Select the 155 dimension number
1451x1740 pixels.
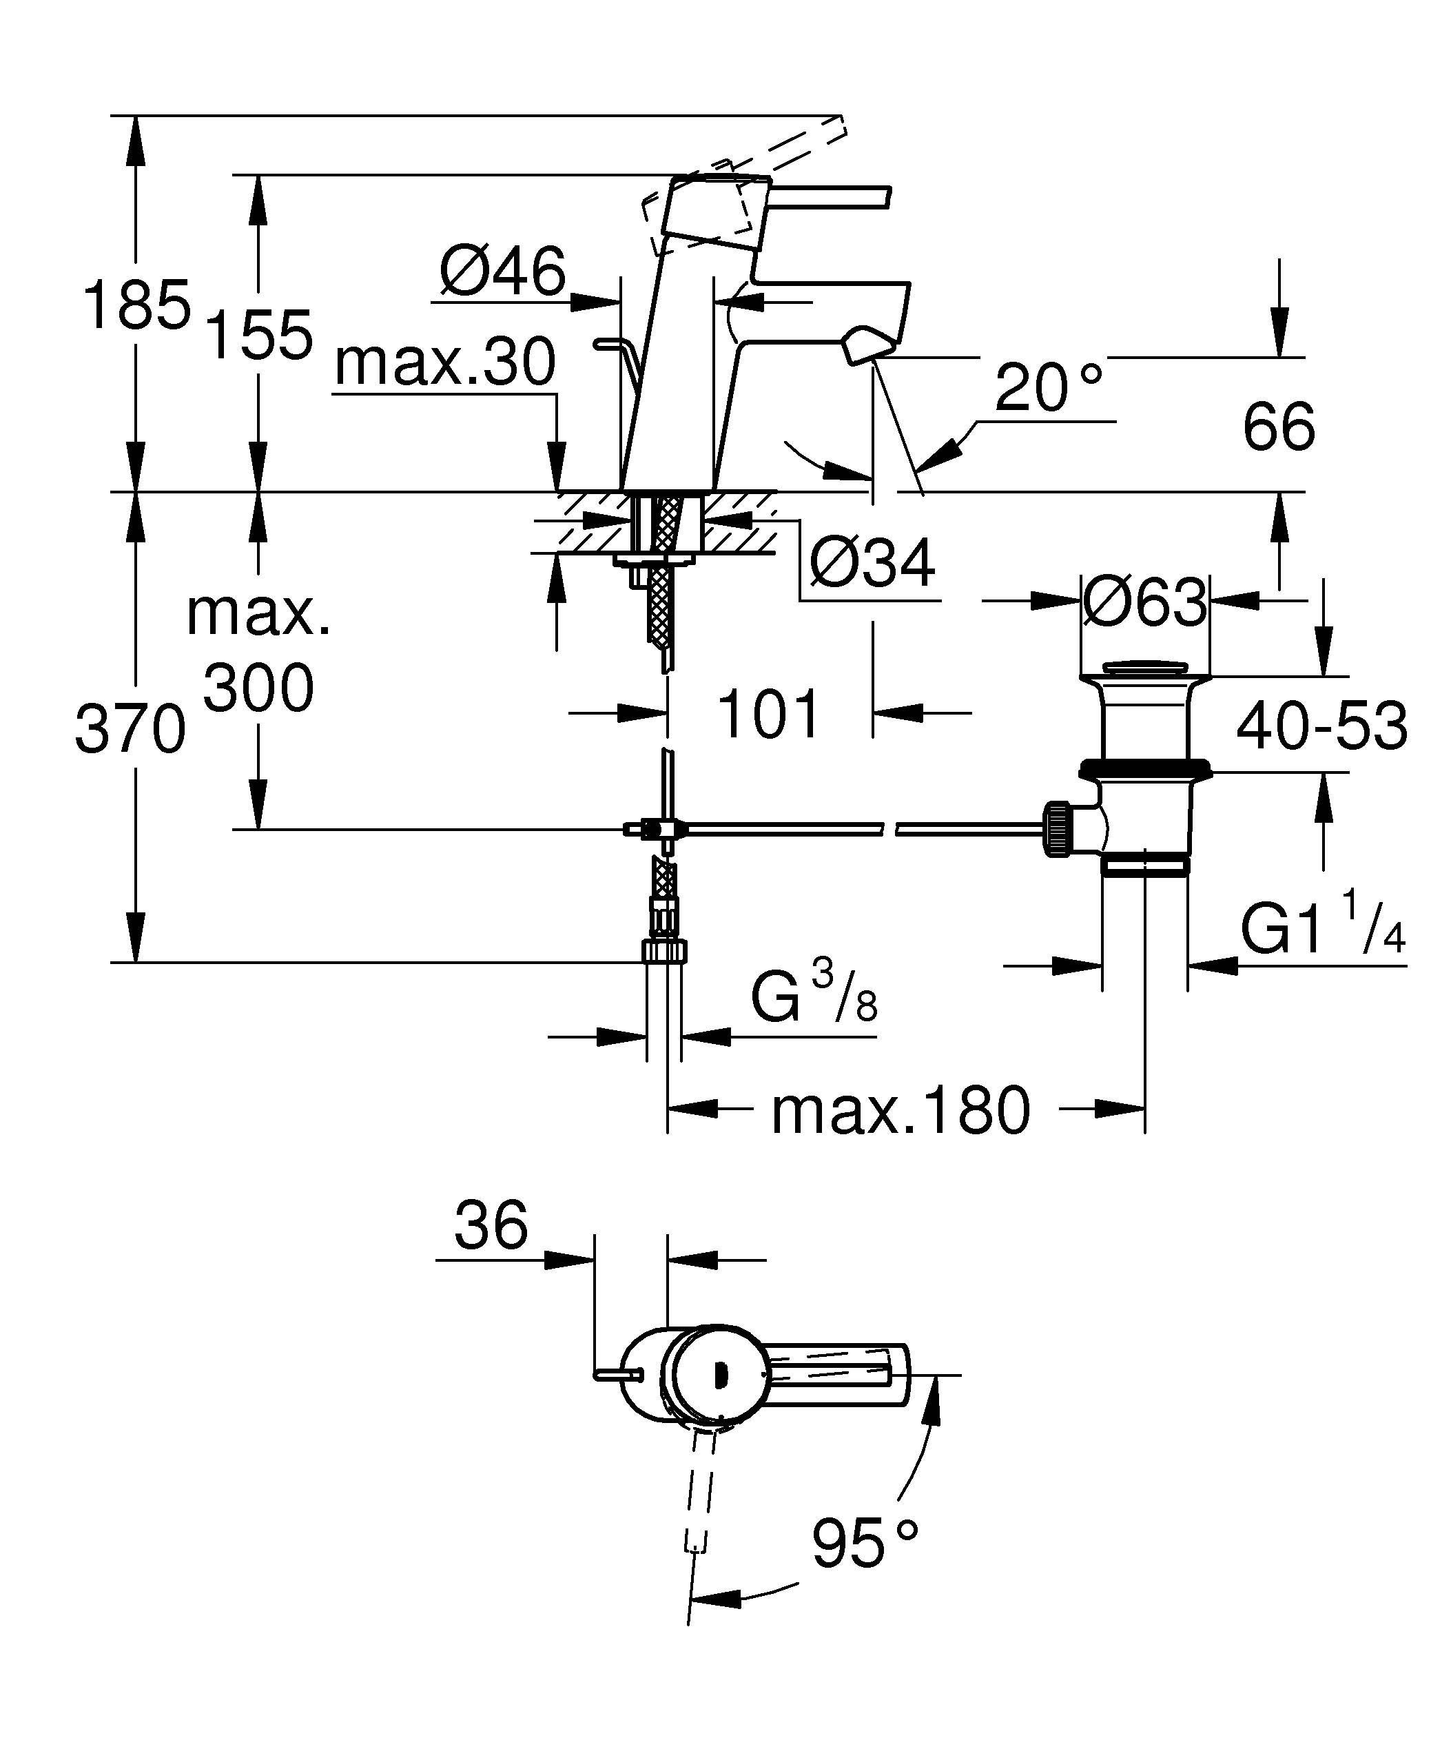click(x=258, y=335)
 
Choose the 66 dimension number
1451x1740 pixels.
click(x=1279, y=427)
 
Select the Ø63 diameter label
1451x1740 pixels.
click(x=1144, y=602)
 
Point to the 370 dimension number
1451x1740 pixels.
click(x=130, y=729)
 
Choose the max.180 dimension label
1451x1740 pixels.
click(x=901, y=1111)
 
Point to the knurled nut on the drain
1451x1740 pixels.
click(x=1057, y=828)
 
